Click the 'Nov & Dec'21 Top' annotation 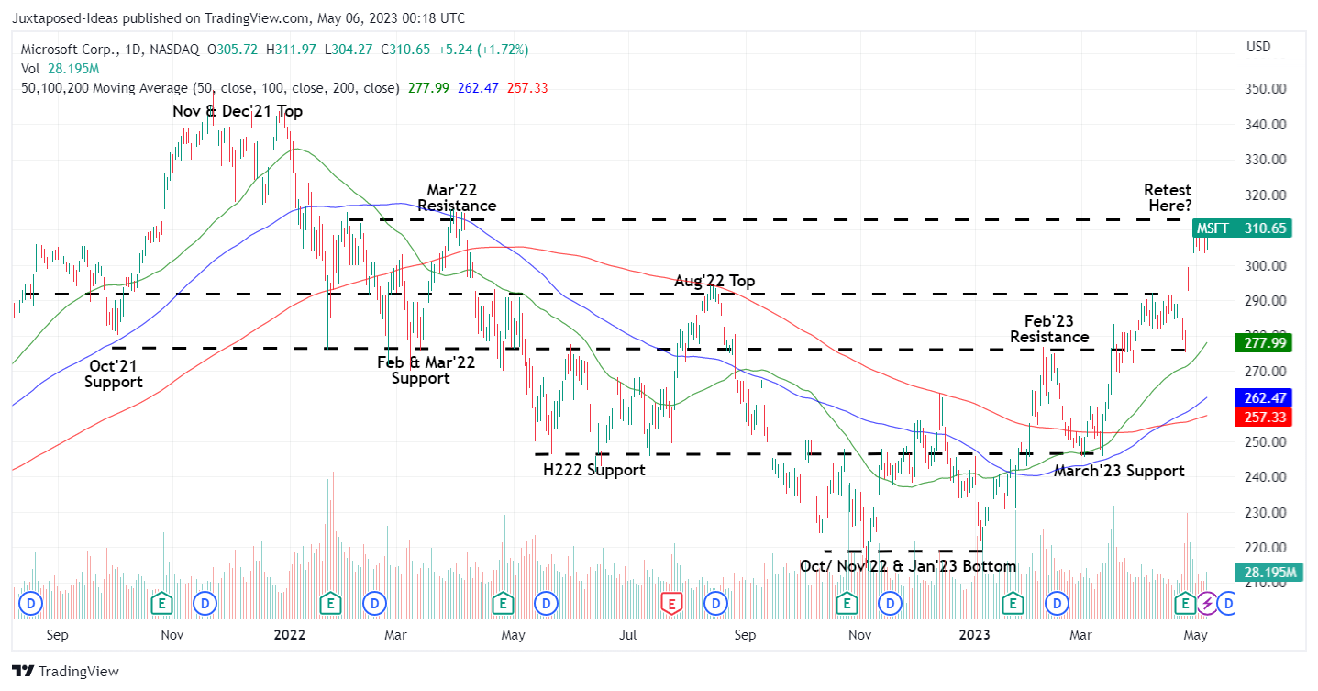pos(238,111)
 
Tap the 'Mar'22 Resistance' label pos(457,197)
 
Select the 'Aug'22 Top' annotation pos(714,281)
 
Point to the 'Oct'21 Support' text pos(114,373)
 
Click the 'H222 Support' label pos(593,470)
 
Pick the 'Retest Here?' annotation pos(1168,197)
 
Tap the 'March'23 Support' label pos(1118,471)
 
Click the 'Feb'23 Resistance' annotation pos(1049,329)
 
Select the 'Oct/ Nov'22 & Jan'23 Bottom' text pos(908,566)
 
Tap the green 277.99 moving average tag pos(1268,341)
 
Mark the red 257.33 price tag pos(1268,417)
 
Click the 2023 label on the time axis pos(974,634)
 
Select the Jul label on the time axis pos(628,634)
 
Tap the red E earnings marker pos(672,603)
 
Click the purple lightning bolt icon pos(1208,603)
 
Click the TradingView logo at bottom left pos(66,671)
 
